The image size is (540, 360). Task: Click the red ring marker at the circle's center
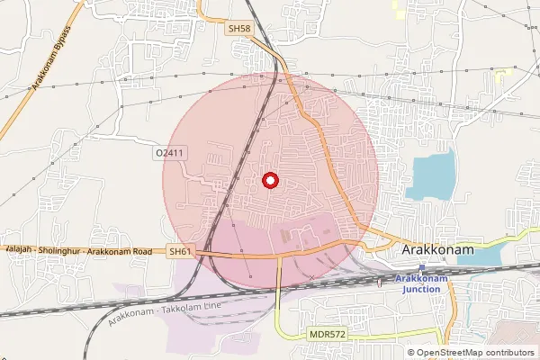tap(270, 181)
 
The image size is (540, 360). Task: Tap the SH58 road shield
tap(238, 30)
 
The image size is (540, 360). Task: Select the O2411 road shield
tap(169, 154)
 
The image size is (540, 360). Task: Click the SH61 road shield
tap(181, 253)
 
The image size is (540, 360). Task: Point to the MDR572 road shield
tap(327, 335)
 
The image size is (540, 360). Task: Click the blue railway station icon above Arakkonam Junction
tap(422, 267)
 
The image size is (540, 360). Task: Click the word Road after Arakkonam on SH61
tap(148, 253)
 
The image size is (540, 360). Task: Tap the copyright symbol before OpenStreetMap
tap(411, 353)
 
